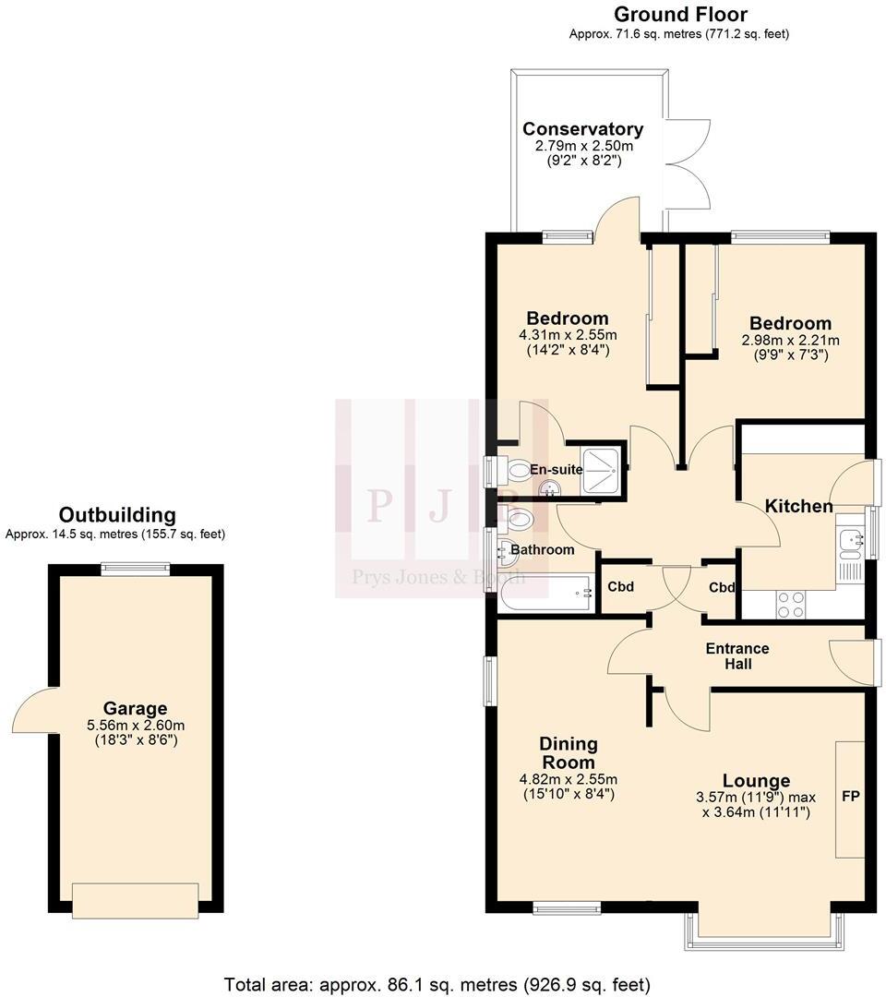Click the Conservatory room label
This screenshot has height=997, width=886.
[582, 129]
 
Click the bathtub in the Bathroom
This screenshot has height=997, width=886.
[545, 595]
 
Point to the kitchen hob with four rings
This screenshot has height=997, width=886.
[790, 604]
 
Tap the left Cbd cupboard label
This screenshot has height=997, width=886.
[619, 587]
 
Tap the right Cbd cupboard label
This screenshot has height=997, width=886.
[722, 587]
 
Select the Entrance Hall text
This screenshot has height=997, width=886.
[736, 655]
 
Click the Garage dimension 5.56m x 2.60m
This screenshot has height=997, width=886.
[135, 725]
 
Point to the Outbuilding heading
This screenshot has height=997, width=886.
[116, 515]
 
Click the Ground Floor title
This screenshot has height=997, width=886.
[679, 14]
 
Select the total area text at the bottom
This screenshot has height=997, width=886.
[437, 984]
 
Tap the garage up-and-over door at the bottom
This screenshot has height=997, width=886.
[135, 900]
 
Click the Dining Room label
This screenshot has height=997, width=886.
[568, 752]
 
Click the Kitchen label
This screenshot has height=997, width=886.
[798, 506]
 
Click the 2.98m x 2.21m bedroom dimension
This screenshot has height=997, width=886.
[790, 340]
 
